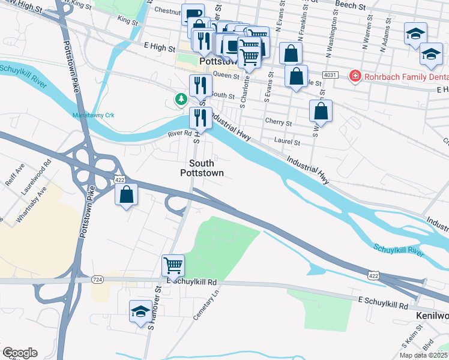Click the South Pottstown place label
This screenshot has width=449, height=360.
point(202,168)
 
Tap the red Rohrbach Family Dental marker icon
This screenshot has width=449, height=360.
point(355,76)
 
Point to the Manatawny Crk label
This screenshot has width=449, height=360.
point(93,115)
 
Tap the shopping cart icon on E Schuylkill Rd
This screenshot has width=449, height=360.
point(173,264)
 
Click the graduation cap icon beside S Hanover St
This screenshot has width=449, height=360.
point(140,311)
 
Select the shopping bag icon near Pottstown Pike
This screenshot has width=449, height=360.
point(127,194)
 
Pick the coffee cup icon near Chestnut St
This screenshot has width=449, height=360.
point(193,14)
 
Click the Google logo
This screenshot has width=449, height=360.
point(20,353)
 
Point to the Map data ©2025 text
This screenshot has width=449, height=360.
point(424,355)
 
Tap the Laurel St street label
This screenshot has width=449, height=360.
point(288,142)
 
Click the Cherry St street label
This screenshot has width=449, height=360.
point(279,122)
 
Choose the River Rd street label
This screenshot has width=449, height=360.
point(179,134)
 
